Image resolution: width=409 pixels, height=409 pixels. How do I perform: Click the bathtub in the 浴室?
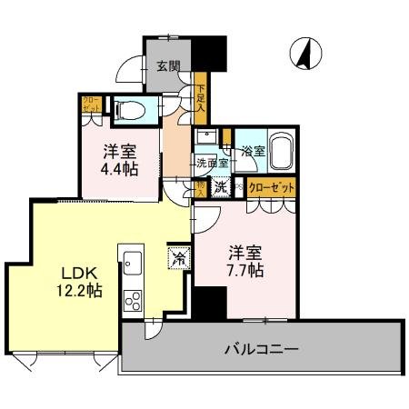(278, 151)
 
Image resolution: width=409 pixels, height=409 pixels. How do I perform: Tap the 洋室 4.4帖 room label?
(119, 160)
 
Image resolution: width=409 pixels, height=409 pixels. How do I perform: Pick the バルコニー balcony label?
(262, 349)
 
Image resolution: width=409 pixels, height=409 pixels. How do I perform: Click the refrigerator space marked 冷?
(178, 258)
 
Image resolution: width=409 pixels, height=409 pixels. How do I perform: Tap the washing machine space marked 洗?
(221, 188)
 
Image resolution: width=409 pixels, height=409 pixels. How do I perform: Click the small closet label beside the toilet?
(92, 105)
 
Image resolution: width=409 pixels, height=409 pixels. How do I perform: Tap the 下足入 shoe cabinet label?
(200, 99)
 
